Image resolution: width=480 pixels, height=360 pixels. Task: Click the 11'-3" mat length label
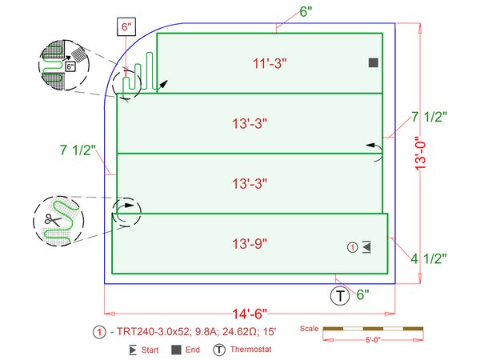click(x=270, y=64)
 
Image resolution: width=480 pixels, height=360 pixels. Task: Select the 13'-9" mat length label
click(x=250, y=244)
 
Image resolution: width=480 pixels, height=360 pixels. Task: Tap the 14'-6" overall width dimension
click(x=250, y=314)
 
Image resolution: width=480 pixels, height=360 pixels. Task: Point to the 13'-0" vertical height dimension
click(x=421, y=153)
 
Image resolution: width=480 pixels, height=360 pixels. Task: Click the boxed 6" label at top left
click(x=126, y=27)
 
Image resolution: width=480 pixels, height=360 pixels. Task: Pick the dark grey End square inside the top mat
click(x=373, y=62)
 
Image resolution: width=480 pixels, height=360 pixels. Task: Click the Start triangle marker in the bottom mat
click(x=366, y=247)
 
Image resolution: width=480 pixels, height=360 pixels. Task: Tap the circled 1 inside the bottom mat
click(x=352, y=247)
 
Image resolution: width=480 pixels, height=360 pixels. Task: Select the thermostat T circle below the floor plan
click(x=340, y=296)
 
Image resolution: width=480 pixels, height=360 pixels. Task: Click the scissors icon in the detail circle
click(x=54, y=219)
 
